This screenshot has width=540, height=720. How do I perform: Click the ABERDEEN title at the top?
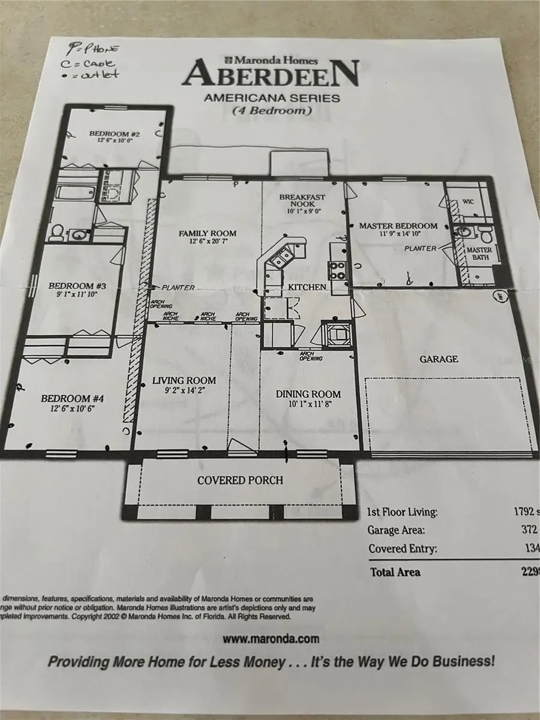click(271, 74)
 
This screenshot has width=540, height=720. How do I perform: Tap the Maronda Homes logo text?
click(271, 59)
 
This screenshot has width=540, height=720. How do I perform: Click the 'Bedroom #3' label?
click(71, 286)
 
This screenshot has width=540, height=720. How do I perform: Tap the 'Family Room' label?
click(207, 233)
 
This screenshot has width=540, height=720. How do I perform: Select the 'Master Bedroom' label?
click(398, 226)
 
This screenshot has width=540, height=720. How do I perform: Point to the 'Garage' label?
click(439, 359)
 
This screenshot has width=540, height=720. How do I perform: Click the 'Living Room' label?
click(184, 380)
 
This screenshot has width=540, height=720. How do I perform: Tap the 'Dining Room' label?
click(308, 394)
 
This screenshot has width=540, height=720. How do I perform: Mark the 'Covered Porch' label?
click(240, 480)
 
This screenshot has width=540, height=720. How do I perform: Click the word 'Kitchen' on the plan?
click(307, 287)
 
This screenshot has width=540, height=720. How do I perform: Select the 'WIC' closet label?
click(468, 202)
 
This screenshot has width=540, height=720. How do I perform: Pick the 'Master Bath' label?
click(479, 253)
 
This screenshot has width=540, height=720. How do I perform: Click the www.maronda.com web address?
click(271, 639)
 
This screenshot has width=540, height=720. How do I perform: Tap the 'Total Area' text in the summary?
click(396, 572)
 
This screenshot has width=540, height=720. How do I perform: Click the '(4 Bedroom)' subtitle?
click(271, 110)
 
